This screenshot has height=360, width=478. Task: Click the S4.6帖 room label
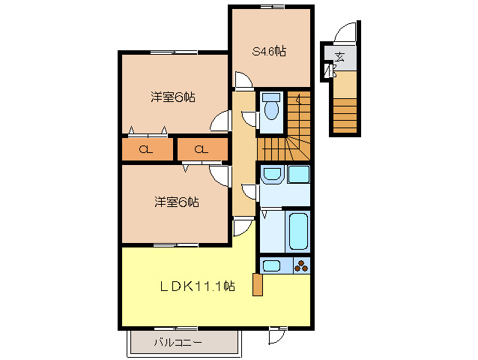(x=269, y=51)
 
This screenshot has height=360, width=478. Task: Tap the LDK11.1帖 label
(x=198, y=286)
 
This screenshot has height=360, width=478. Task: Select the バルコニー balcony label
(x=178, y=342)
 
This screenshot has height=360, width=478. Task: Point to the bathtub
(x=298, y=231)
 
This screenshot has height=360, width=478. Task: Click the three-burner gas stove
(x=301, y=266)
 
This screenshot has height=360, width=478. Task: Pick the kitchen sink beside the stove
(x=272, y=265)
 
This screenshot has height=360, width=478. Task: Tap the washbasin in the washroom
(x=272, y=174)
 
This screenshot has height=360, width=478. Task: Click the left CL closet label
(x=145, y=149)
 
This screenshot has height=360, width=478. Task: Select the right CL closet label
(x=202, y=149)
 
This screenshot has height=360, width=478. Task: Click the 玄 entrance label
(x=339, y=57)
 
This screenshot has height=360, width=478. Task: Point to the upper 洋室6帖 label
(x=173, y=97)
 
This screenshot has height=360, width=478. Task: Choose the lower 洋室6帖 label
(x=177, y=202)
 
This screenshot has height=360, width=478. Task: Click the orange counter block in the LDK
(x=258, y=285)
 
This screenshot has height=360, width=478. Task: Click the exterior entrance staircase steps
(x=345, y=115)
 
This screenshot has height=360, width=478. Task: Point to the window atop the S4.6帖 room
(x=273, y=7)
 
